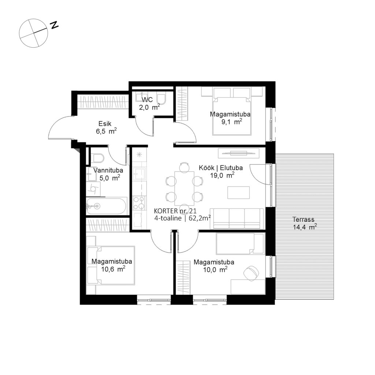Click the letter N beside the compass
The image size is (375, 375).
point(54,25)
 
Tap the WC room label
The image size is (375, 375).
point(147,100)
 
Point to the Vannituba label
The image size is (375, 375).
point(108,170)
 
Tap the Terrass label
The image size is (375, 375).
point(304,220)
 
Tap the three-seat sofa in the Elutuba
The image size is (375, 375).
point(236,219)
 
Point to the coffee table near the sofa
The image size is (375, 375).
point(238,192)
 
